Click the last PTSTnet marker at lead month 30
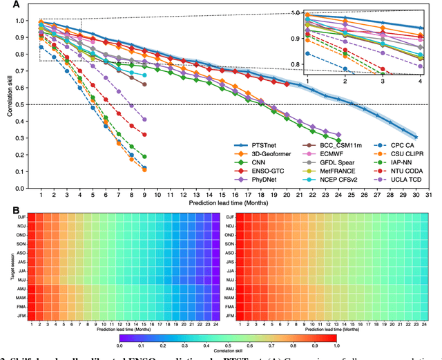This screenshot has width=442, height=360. (x=416, y=137)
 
